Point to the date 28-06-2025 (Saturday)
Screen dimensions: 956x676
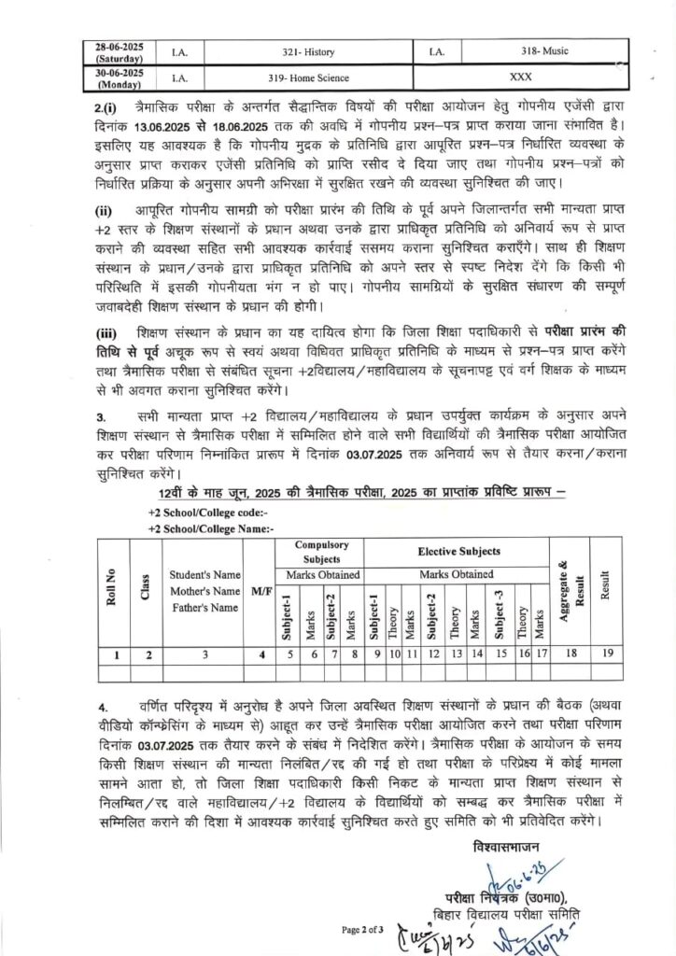click(120, 51)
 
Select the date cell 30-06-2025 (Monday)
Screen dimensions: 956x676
click(120, 78)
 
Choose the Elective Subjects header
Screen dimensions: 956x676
click(458, 552)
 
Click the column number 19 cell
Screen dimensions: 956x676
click(607, 654)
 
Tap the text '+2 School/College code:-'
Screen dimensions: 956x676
click(207, 513)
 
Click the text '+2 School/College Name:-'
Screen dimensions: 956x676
click(210, 528)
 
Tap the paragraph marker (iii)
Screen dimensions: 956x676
click(108, 333)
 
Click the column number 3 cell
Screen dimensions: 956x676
click(205, 654)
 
